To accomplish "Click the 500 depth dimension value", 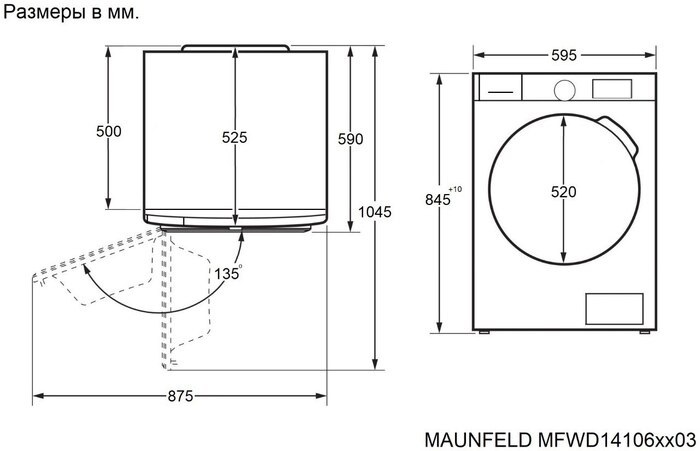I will click(x=109, y=131).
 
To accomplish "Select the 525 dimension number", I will click(x=234, y=138).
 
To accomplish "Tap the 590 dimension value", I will click(x=350, y=139).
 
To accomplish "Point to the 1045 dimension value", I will click(x=374, y=212).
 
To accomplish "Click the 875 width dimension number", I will click(x=179, y=397).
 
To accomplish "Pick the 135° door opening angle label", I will click(x=227, y=271).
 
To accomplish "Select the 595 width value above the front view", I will click(x=563, y=56).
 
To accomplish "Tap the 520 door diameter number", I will click(x=563, y=191).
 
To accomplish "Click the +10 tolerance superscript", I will click(x=456, y=189).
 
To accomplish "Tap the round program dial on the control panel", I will click(x=563, y=88).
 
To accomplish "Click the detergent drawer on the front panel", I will click(x=499, y=88).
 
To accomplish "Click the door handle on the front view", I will click(x=625, y=139).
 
